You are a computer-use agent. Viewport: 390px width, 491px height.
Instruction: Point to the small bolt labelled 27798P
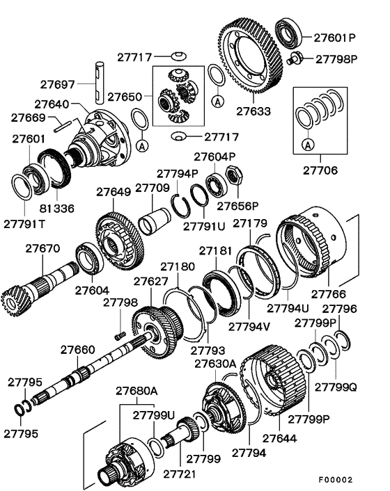pyautogui.click(x=297, y=57)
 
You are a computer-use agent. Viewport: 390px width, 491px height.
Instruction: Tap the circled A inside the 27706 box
pyautogui.click(x=307, y=144)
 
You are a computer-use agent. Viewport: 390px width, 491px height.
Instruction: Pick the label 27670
pyautogui.click(x=43, y=247)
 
